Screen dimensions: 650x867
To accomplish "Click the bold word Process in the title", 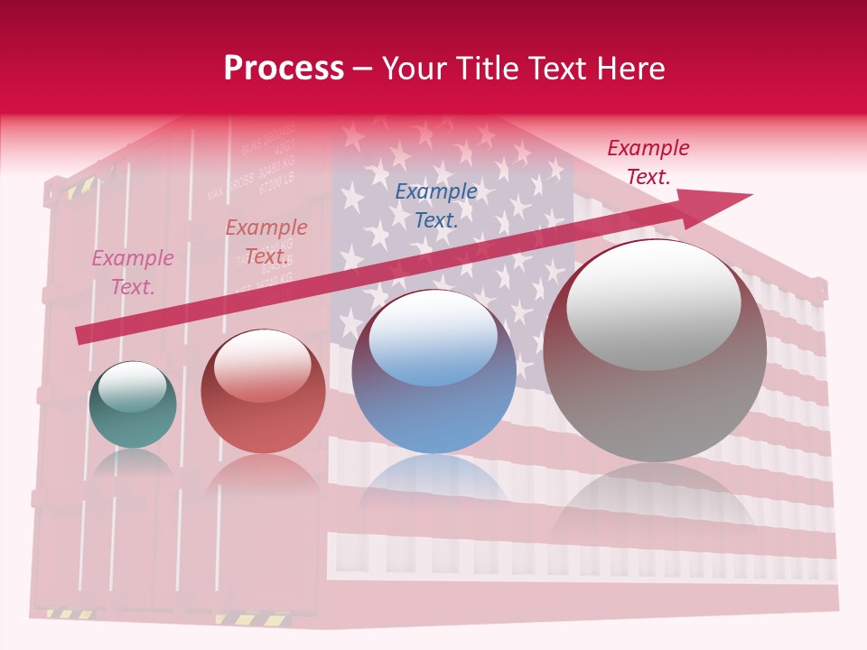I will [284, 69].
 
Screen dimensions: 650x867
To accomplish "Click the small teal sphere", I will [133, 405].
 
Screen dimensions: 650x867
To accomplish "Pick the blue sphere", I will [433, 372].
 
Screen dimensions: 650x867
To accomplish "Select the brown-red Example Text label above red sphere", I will [266, 242].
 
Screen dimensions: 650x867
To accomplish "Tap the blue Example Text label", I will [436, 205].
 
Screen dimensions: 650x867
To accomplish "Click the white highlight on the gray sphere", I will [653, 304].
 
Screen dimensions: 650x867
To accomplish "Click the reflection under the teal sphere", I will [133, 465].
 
